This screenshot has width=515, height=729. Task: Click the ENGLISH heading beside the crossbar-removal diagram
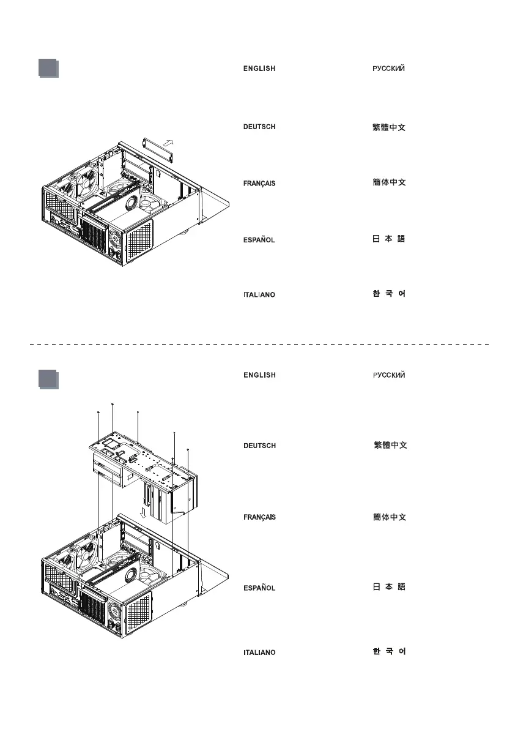pos(259,69)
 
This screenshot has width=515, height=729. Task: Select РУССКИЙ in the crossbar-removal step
pos(388,69)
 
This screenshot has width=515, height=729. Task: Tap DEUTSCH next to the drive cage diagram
pos(259,446)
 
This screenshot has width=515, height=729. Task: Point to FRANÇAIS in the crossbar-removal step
pos(259,184)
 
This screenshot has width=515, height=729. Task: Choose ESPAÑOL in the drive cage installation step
pos(259,588)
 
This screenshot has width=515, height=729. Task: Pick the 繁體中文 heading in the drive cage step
pos(390,446)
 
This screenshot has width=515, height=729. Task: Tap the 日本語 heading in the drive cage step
pos(389,588)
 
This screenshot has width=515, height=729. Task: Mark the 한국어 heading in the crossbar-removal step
pos(389,294)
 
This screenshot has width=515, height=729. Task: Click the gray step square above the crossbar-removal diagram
pos(48,68)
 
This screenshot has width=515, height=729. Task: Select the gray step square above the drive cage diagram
pos(48,379)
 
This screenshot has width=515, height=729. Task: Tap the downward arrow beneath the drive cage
pos(143,511)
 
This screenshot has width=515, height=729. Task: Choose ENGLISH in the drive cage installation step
pos(259,375)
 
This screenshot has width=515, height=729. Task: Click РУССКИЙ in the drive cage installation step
pos(388,375)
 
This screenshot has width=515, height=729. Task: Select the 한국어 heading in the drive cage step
pos(389,652)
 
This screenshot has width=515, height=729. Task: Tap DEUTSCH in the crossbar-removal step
pos(259,127)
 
